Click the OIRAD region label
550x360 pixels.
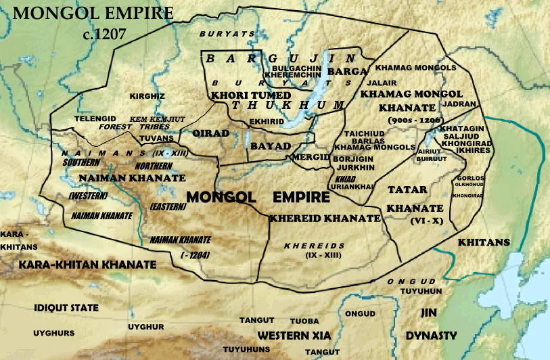pyautogui.click(x=210, y=133)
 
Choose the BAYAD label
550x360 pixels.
pyautogui.click(x=270, y=146)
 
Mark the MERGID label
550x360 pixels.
pyautogui.click(x=311, y=157)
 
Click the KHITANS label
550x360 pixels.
pyautogui.click(x=483, y=242)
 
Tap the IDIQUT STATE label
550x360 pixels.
pyautogui.click(x=66, y=308)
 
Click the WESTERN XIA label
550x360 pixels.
pyautogui.click(x=291, y=336)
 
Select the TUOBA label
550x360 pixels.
pyautogui.click(x=304, y=321)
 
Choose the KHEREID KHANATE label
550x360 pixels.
pyautogui.click(x=325, y=219)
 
